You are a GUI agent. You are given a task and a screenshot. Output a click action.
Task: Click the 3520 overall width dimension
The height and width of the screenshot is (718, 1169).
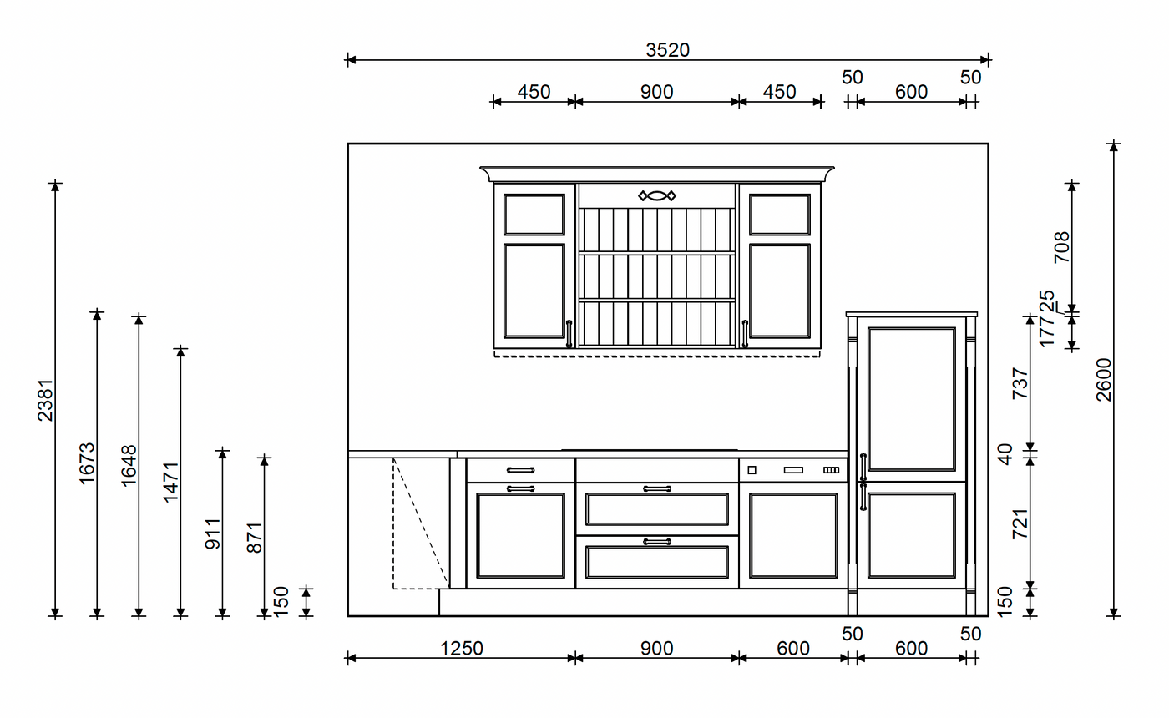pyautogui.click(x=667, y=50)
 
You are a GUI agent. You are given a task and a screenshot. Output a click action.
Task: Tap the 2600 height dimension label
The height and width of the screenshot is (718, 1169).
pyautogui.click(x=1104, y=379)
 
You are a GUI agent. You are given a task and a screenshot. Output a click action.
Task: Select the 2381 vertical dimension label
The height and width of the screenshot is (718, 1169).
pyautogui.click(x=45, y=400)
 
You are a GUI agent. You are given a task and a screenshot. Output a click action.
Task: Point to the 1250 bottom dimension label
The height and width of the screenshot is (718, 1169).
pyautogui.click(x=461, y=649)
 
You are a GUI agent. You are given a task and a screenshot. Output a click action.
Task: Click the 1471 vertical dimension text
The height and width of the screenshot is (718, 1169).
pyautogui.click(x=170, y=483)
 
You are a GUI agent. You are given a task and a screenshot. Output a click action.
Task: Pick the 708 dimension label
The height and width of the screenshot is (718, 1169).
pyautogui.click(x=1062, y=247)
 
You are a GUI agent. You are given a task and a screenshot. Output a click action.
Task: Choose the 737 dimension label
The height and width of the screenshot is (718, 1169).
pyautogui.click(x=1020, y=383)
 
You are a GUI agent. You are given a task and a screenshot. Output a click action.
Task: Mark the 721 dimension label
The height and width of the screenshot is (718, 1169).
pyautogui.click(x=1020, y=524)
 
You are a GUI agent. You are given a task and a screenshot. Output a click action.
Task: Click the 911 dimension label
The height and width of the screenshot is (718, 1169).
pyautogui.click(x=212, y=533)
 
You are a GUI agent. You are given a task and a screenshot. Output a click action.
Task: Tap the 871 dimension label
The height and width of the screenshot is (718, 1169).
pyautogui.click(x=254, y=538)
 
